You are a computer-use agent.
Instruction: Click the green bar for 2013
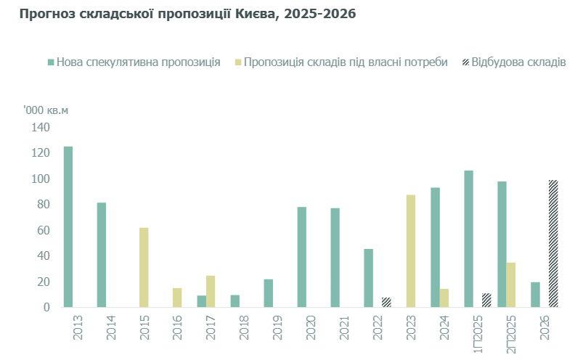pos(68,226)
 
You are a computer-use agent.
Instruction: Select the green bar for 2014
pos(102,255)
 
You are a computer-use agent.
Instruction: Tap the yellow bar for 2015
pos(144,267)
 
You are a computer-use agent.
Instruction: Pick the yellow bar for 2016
pos(177,298)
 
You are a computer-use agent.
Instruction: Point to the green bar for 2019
pos(269,293)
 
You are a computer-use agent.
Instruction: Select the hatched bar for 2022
pos(387,303)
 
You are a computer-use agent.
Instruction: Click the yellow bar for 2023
pos(411,251)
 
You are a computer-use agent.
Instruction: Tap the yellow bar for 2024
pos(444,298)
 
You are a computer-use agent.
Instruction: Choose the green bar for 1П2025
pos(469,239)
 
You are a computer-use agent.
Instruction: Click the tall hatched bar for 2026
pos(553,244)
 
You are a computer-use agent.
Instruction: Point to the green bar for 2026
pos(536,295)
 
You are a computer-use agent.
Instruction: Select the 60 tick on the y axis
pos(43,230)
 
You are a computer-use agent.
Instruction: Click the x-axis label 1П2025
pos(478,333)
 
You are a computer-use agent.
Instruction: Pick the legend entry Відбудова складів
pos(518,62)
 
